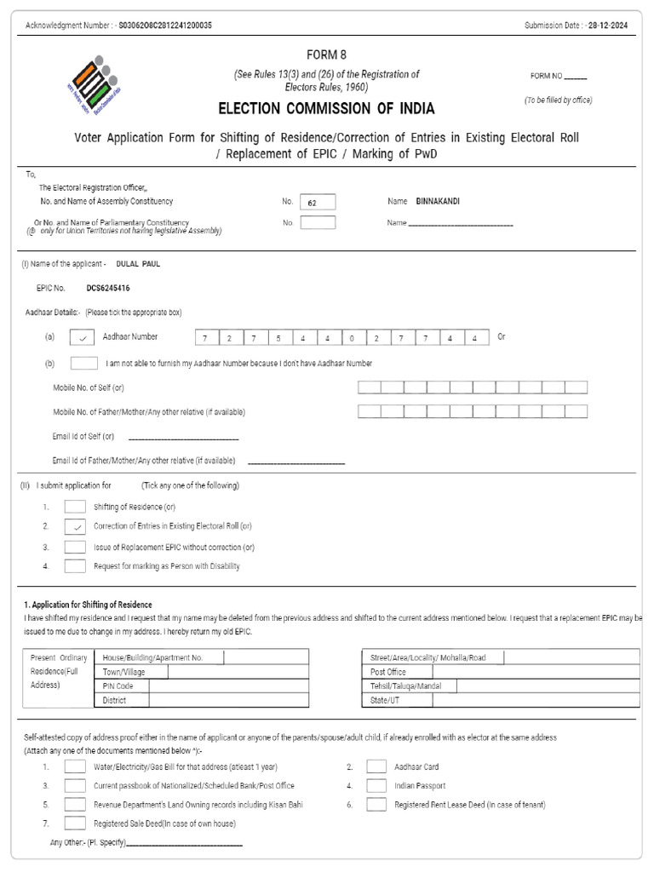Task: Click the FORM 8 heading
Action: (x=326, y=54)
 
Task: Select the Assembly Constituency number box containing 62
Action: (x=318, y=202)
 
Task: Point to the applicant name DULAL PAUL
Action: (x=138, y=264)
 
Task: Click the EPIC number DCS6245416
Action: (x=108, y=289)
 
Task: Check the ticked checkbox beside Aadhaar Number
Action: (x=83, y=337)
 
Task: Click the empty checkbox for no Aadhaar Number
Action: (x=83, y=363)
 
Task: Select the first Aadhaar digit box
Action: (x=205, y=338)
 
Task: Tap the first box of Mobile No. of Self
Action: (x=369, y=387)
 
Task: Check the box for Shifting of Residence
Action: (x=75, y=507)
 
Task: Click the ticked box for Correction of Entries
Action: (x=75, y=526)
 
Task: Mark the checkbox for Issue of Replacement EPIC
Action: (x=75, y=547)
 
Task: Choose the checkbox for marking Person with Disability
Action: (x=75, y=565)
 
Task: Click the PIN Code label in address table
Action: (x=118, y=686)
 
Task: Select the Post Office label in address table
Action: (x=387, y=672)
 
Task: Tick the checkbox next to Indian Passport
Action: (x=376, y=785)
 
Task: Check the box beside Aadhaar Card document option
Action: (x=376, y=766)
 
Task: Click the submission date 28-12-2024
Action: (x=611, y=26)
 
